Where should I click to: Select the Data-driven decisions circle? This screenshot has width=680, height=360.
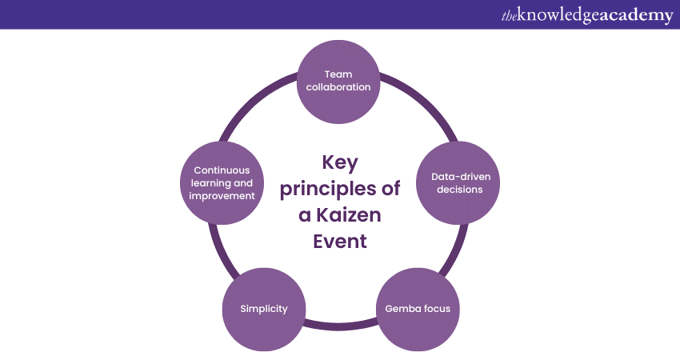pos(457,183)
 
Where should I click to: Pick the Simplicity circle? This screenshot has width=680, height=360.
pos(264,309)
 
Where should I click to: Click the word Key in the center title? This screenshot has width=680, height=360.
pos(339,162)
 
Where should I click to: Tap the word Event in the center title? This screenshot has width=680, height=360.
pos(339,241)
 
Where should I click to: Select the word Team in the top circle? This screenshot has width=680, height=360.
pos(338,74)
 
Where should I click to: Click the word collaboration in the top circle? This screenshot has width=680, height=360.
pos(338,86)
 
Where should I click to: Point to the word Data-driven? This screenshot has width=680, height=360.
pos(457,177)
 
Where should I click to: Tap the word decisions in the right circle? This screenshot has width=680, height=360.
pos(457,190)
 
